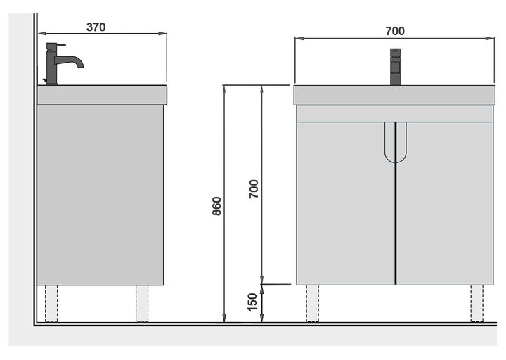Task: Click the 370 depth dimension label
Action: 96,27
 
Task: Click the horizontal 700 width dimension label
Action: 395,32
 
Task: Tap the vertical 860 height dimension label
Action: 217,206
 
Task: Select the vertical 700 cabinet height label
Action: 254,189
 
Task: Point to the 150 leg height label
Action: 252,302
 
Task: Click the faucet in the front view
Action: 395,67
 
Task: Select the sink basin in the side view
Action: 102,95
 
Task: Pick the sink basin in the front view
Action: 394,95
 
